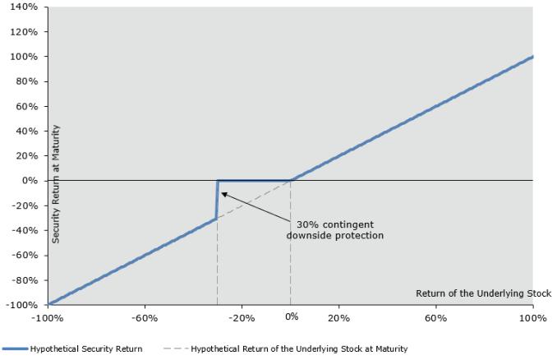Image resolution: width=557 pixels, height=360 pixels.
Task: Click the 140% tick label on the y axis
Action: [x=24, y=7]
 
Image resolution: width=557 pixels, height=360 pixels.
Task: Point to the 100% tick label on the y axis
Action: [x=24, y=57]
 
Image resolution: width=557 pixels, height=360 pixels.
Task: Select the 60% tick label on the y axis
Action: [x=26, y=106]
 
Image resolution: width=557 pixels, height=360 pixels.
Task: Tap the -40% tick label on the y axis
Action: [x=25, y=230]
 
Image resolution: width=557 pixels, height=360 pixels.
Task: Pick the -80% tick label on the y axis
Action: [x=25, y=280]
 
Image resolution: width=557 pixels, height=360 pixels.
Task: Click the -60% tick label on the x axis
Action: [x=145, y=318]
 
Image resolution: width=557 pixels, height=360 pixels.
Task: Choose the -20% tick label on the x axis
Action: [x=242, y=318]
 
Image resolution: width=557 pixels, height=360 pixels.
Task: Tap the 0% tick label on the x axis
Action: [x=292, y=316]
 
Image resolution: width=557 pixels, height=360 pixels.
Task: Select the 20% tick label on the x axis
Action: [x=339, y=318]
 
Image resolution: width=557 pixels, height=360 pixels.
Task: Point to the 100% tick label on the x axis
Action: [x=533, y=318]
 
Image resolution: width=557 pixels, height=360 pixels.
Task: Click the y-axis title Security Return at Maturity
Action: [x=56, y=184]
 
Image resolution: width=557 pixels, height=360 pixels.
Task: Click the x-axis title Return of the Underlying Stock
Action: [x=483, y=293]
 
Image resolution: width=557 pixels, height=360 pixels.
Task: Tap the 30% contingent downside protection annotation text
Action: [x=335, y=230]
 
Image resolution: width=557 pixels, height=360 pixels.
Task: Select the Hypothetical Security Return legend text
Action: [x=86, y=349]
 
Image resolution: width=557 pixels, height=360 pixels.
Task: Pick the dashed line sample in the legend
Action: [x=176, y=348]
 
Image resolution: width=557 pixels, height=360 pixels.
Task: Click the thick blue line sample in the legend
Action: [x=15, y=349]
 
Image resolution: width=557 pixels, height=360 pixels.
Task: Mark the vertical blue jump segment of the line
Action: [x=217, y=200]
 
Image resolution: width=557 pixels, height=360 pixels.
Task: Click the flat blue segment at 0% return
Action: [x=254, y=181]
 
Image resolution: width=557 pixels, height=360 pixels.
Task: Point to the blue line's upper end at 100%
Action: [x=532, y=57]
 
